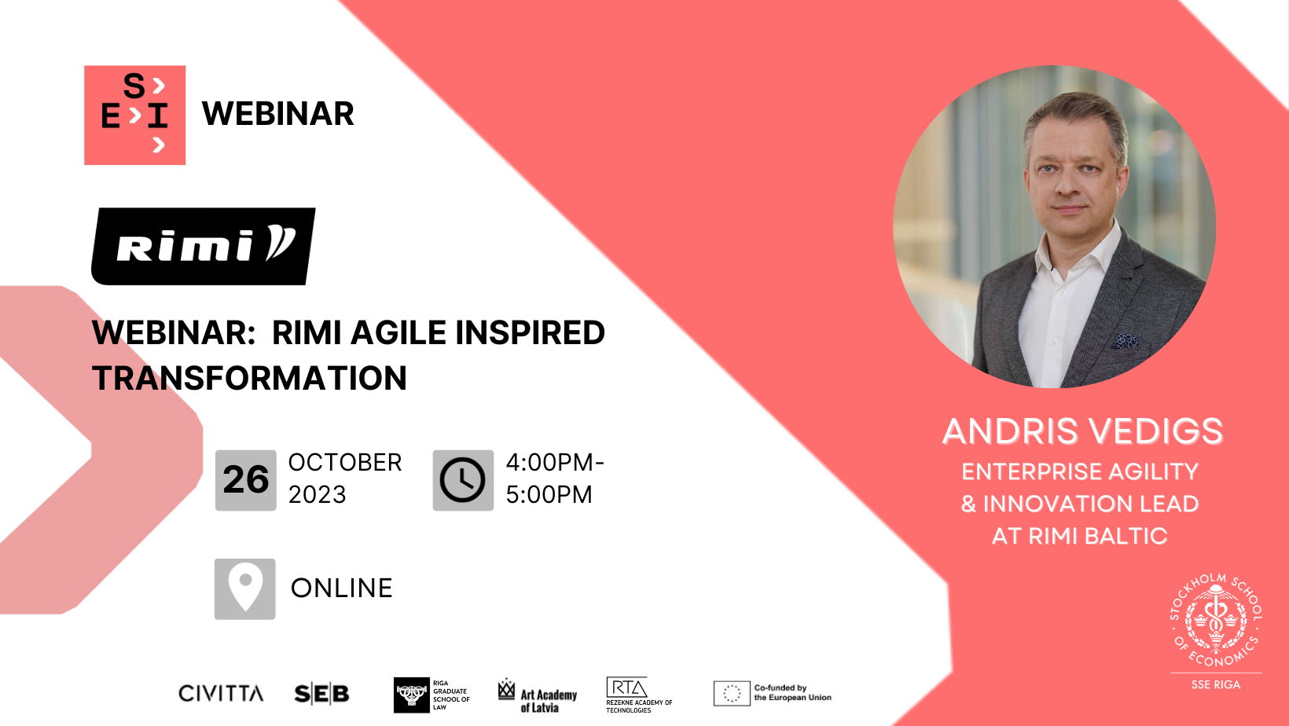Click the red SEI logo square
pos(134,115)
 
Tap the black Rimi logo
pos(204,246)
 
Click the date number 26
pos(246,480)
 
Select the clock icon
pos(463,480)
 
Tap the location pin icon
pos(245,588)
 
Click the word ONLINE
pos(341,588)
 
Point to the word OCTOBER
pos(345,462)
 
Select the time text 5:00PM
pos(549,494)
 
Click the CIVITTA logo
pos(221,693)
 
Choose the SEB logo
pos(321,694)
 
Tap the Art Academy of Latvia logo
pos(538,695)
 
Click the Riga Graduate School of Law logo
pos(432,695)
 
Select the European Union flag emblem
pos(731,693)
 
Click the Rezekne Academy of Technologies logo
pos(638,695)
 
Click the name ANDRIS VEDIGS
pos(1082,431)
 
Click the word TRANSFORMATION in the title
pos(249,378)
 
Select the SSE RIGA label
pos(1215,684)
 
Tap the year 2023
pos(317,494)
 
